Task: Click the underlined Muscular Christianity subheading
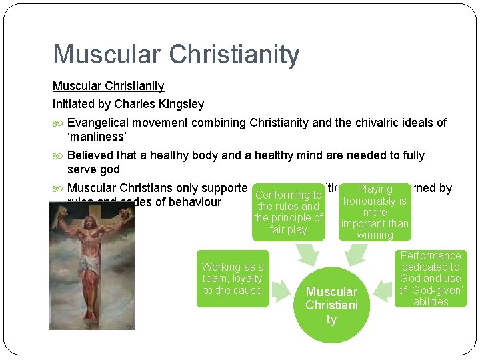point(108,86)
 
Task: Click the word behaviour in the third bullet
point(196,202)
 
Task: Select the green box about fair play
point(288,212)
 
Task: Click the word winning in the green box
point(375,235)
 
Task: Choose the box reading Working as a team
point(233,279)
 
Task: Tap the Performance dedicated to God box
point(430,279)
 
